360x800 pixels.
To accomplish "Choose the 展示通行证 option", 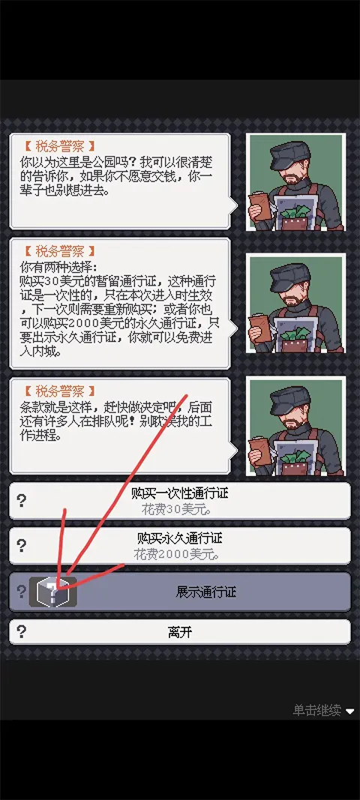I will pos(205,592).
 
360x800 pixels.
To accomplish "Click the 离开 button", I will pos(180,632).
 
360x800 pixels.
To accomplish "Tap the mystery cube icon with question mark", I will pos(52,592).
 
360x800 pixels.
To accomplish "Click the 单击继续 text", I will pos(316,710).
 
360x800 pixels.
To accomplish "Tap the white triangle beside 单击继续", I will pos(350,711).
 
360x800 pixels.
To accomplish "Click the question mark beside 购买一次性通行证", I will pos(22,501).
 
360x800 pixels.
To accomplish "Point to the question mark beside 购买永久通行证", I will pos(22,546).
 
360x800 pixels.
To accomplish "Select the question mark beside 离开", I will pos(22,631).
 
